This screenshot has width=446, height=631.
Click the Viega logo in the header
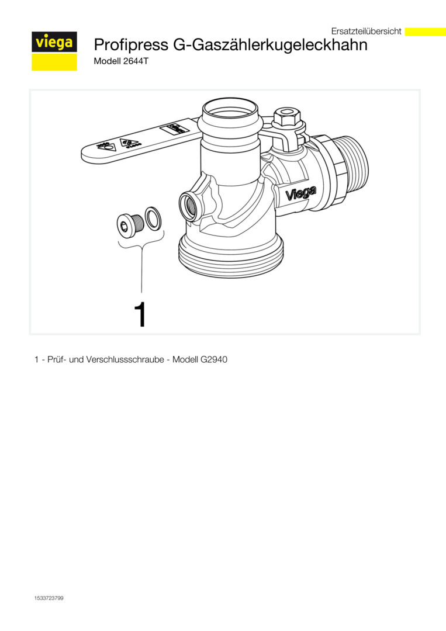pos(54,51)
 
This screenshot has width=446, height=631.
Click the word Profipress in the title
pos(131,45)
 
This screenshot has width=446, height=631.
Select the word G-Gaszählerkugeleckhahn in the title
pos(270,45)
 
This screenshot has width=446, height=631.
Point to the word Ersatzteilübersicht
pos(367,31)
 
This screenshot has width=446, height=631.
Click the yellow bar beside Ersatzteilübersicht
pos(425,32)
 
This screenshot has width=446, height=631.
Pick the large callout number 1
pos(140,315)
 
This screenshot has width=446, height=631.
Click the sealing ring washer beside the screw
pos(154,219)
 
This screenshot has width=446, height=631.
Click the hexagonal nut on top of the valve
pos(286,117)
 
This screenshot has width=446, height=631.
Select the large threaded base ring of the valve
pos(231,258)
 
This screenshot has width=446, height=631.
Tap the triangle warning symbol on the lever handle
pos(130,143)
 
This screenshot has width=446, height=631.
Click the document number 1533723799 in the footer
pos(49,598)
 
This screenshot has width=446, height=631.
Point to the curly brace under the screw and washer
pos(141,243)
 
